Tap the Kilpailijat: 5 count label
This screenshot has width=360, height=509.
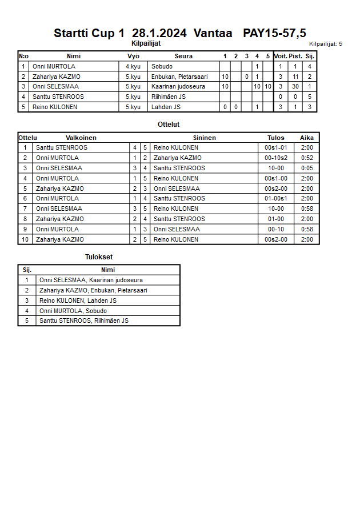point(325,43)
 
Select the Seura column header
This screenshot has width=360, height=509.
point(183,56)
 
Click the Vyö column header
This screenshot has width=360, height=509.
point(133,56)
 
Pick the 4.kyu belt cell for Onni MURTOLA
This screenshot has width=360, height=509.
point(133,66)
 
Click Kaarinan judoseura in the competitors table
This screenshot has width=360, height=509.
point(178,86)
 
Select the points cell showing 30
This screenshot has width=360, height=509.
point(295,86)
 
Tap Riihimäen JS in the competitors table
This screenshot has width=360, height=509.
point(168,97)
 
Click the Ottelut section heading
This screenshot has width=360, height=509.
point(169,124)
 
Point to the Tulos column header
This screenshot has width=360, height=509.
point(275,138)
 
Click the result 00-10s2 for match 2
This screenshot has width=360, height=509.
point(275,158)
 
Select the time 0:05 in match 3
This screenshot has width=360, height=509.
point(307,168)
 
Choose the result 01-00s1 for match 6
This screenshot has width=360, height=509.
point(275,198)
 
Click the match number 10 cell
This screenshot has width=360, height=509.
point(25,239)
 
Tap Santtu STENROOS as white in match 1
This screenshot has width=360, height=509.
point(62,147)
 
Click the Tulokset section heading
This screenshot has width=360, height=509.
point(99,257)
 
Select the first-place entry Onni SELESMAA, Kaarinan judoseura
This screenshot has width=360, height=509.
point(91,280)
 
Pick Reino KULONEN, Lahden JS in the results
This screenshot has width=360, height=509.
point(78,300)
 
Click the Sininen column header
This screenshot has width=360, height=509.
point(204,138)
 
